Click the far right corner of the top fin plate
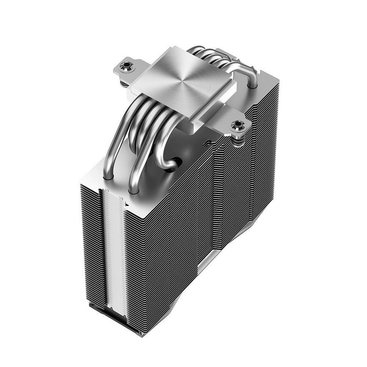coord(279,83)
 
